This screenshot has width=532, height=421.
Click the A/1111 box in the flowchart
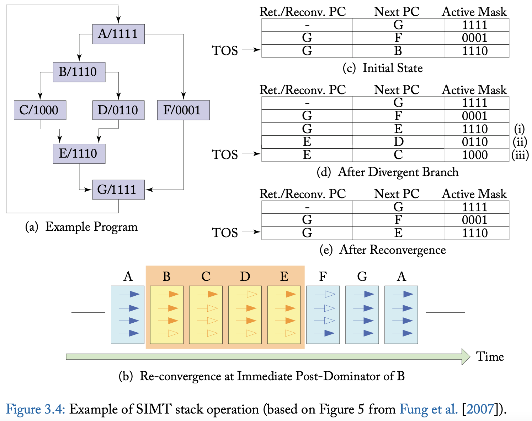pos(118,34)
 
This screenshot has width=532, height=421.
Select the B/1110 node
pos(79,72)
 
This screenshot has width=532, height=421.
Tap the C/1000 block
pos(40,110)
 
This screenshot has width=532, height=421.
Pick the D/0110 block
pos(118,110)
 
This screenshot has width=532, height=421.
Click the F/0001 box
pos(183,110)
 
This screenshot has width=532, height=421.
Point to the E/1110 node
pos(79,153)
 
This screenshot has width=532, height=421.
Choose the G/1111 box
pos(118,190)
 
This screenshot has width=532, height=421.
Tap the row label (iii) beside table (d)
pos(520,155)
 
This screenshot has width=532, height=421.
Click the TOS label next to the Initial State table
pos(225,51)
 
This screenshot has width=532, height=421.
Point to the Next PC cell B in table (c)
pos(398,51)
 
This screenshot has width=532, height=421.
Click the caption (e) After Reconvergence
pos(382,250)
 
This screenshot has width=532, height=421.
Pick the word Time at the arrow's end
pos(490,356)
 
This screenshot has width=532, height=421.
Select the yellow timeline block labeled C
pos(206,315)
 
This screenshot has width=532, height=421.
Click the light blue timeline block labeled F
pos(323,315)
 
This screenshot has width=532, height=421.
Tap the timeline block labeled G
pos(362,315)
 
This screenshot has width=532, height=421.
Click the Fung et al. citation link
pos(429,409)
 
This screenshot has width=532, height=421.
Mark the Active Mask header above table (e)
pos(474,194)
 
